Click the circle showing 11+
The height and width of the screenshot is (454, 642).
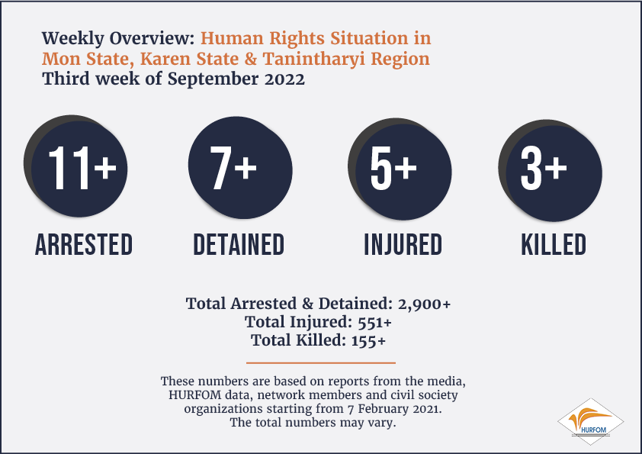coord(75,166)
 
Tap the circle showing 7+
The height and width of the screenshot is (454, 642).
coord(240,168)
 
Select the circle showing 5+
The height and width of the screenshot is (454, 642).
coord(400,169)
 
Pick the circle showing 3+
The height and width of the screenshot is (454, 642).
coord(551,170)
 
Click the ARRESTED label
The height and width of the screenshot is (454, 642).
coord(84,245)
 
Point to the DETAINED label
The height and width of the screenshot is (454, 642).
coord(239,245)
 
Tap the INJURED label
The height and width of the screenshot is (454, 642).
coord(403,245)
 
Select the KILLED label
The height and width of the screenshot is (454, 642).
coord(554,245)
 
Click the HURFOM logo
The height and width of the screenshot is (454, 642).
coord(590,422)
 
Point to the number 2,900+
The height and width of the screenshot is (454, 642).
coord(424,304)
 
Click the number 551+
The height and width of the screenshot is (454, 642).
coord(374,322)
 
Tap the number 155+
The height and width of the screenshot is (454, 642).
coord(368,340)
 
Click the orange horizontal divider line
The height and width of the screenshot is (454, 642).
coord(321,362)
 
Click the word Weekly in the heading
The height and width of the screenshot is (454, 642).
coord(73,38)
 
